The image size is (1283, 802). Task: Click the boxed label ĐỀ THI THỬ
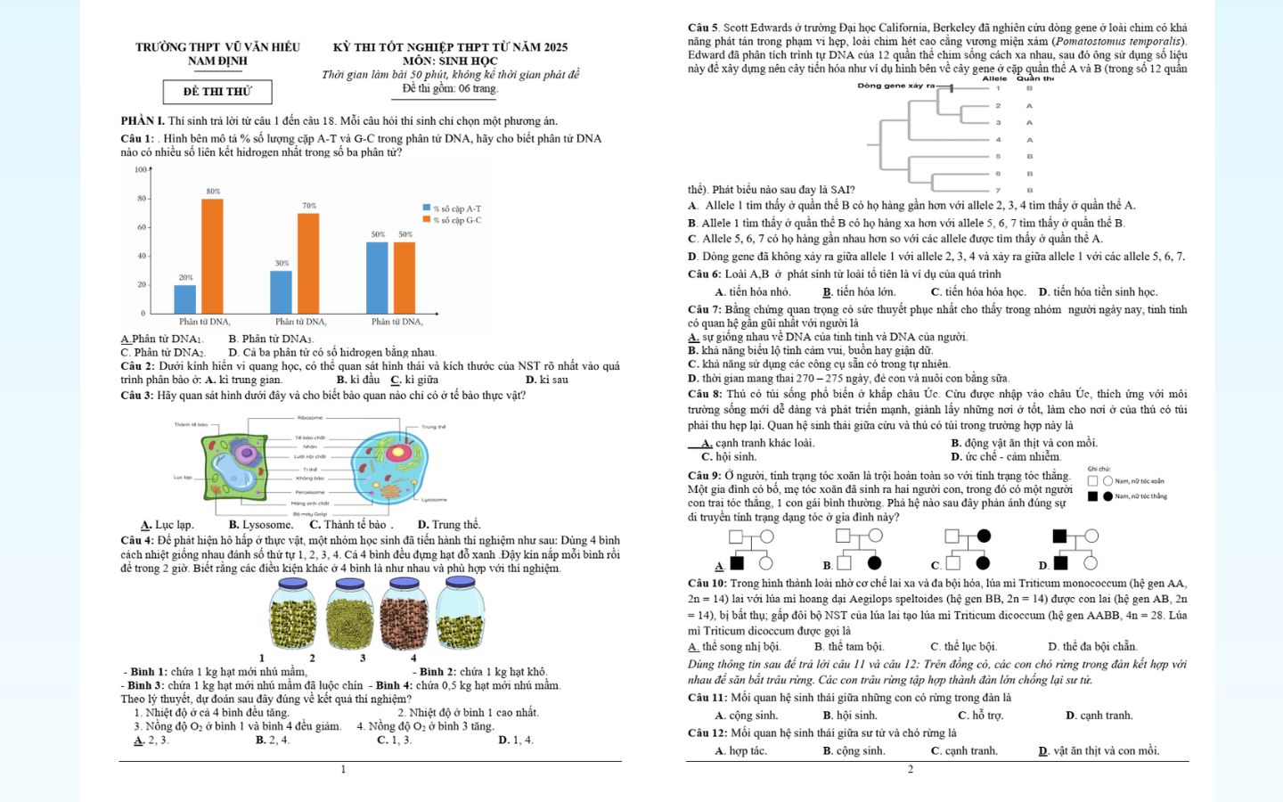[217, 92]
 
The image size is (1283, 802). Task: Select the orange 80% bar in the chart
[212, 256]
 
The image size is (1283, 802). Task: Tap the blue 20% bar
[184, 299]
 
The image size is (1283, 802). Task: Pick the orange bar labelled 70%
[308, 263]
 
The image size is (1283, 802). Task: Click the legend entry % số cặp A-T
[456, 209]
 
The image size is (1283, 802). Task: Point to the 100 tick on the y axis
[141, 169]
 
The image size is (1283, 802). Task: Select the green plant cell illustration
[234, 465]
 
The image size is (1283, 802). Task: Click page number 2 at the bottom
[910, 769]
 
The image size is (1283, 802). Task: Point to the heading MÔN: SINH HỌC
[450, 61]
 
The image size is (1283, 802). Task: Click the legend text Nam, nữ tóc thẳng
[1140, 496]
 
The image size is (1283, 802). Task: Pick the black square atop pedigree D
[1059, 536]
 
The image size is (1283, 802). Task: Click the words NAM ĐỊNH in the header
[217, 61]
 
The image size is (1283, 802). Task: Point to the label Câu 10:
[707, 583]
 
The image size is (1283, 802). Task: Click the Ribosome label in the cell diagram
[310, 418]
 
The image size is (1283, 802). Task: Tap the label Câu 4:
[137, 540]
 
